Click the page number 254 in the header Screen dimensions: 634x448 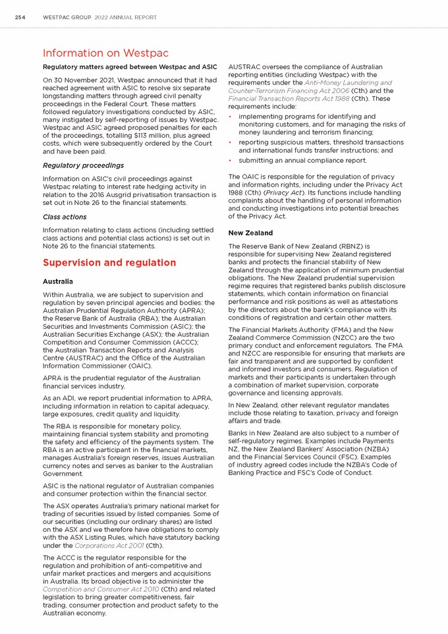pyautogui.click(x=20, y=17)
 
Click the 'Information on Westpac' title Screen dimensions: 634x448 pyautogui.click(x=105, y=53)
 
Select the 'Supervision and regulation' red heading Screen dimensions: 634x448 pyautogui.click(x=109, y=262)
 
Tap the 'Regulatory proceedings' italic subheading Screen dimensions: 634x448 pyautogui.click(x=83, y=165)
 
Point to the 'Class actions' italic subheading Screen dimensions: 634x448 pyautogui.click(x=65, y=217)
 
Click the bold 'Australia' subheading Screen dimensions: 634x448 pyautogui.click(x=58, y=281)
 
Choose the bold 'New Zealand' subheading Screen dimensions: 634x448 pyautogui.click(x=250, y=233)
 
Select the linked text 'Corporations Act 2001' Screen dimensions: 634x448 pyautogui.click(x=108, y=546)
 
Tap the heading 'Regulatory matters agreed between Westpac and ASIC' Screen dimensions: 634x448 pyautogui.click(x=130, y=67)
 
